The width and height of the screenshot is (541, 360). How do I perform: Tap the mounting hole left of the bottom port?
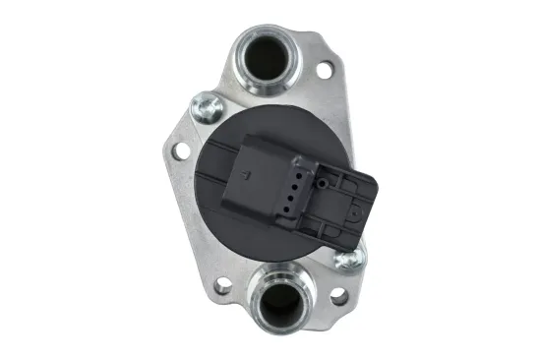[224, 286]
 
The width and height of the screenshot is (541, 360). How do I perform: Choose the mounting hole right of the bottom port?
[338, 295]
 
